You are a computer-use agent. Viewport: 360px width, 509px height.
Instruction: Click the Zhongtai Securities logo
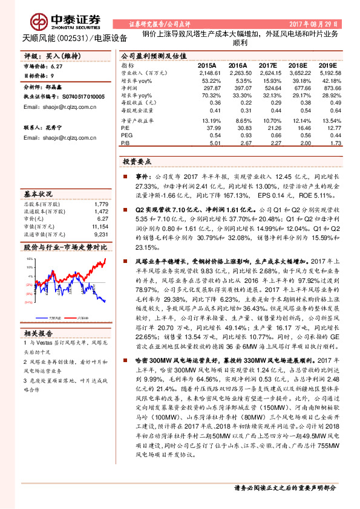coord(53,18)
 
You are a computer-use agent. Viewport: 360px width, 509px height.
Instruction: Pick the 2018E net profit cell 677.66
coord(298,87)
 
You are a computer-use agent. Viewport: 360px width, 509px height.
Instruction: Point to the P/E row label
coord(126,128)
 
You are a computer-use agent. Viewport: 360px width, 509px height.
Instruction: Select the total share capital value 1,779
coord(101,204)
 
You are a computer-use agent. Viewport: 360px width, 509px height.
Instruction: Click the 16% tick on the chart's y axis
coord(28,259)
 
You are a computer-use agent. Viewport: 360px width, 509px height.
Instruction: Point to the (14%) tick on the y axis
coord(28,302)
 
